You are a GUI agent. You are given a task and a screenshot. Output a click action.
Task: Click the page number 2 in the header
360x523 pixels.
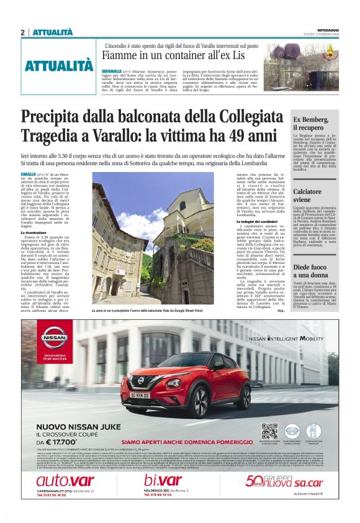(x=22, y=32)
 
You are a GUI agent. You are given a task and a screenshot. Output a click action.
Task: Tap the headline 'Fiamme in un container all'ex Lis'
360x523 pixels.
(x=179, y=55)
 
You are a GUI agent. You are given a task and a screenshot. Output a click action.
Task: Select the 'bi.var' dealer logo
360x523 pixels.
(x=163, y=481)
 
